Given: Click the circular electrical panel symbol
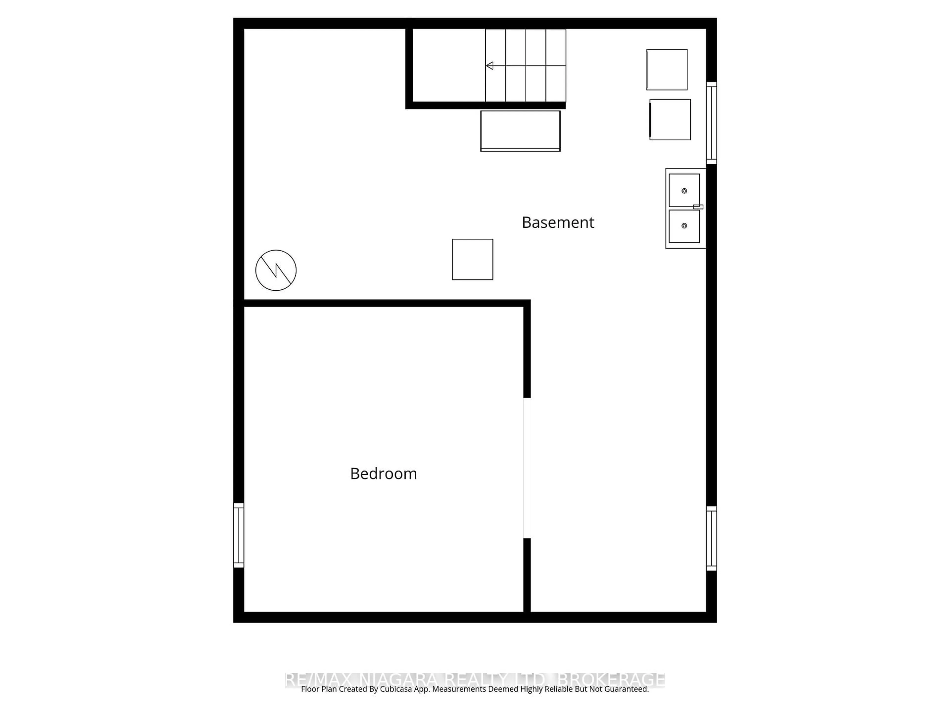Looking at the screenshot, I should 276,270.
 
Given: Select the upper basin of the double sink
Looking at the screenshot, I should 684,190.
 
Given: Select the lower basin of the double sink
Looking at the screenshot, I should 684,226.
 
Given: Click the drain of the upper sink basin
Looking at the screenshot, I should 684,191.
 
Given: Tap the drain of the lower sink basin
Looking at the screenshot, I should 684,226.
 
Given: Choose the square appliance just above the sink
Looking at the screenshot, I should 670,120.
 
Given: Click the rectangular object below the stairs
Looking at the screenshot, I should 520,131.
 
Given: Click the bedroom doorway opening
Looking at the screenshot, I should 527,468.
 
